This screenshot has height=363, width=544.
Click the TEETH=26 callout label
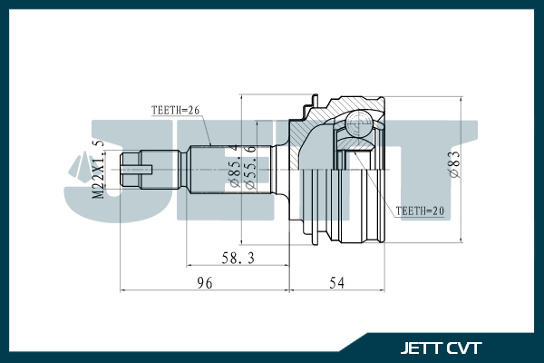tap(174, 111)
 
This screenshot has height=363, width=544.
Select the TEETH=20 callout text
tap(421, 211)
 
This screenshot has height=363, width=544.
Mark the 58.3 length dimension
tap(238, 259)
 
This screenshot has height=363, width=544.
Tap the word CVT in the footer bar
tap(464, 348)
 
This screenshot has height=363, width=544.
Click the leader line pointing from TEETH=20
tap(381, 181)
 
